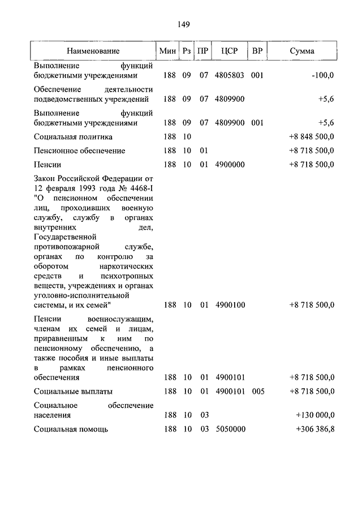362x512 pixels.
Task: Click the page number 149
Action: pyautogui.click(x=182, y=24)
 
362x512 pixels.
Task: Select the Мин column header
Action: pyautogui.click(x=168, y=51)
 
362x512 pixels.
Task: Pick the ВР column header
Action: pyautogui.click(x=257, y=51)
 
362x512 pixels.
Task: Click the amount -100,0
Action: pyautogui.click(x=322, y=75)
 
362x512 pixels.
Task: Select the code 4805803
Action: pyautogui.click(x=230, y=75)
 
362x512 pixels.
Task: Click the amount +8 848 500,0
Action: pyautogui.click(x=312, y=137)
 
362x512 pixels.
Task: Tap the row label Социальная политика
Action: pyautogui.click(x=73, y=137)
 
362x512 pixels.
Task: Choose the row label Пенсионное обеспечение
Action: pyautogui.click(x=79, y=151)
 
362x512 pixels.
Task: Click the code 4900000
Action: pyautogui.click(x=230, y=165)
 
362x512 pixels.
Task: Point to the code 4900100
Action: pyautogui.click(x=230, y=305)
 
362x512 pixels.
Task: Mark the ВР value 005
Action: pyautogui.click(x=258, y=391)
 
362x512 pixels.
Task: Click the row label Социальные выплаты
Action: pyautogui.click(x=73, y=391)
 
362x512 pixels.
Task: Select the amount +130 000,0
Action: pyautogui.click(x=315, y=415)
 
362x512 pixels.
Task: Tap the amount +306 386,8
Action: pyautogui.click(x=315, y=429)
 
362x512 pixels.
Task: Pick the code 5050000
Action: pyautogui.click(x=230, y=429)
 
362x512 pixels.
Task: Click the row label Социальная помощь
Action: pyautogui.click(x=71, y=429)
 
